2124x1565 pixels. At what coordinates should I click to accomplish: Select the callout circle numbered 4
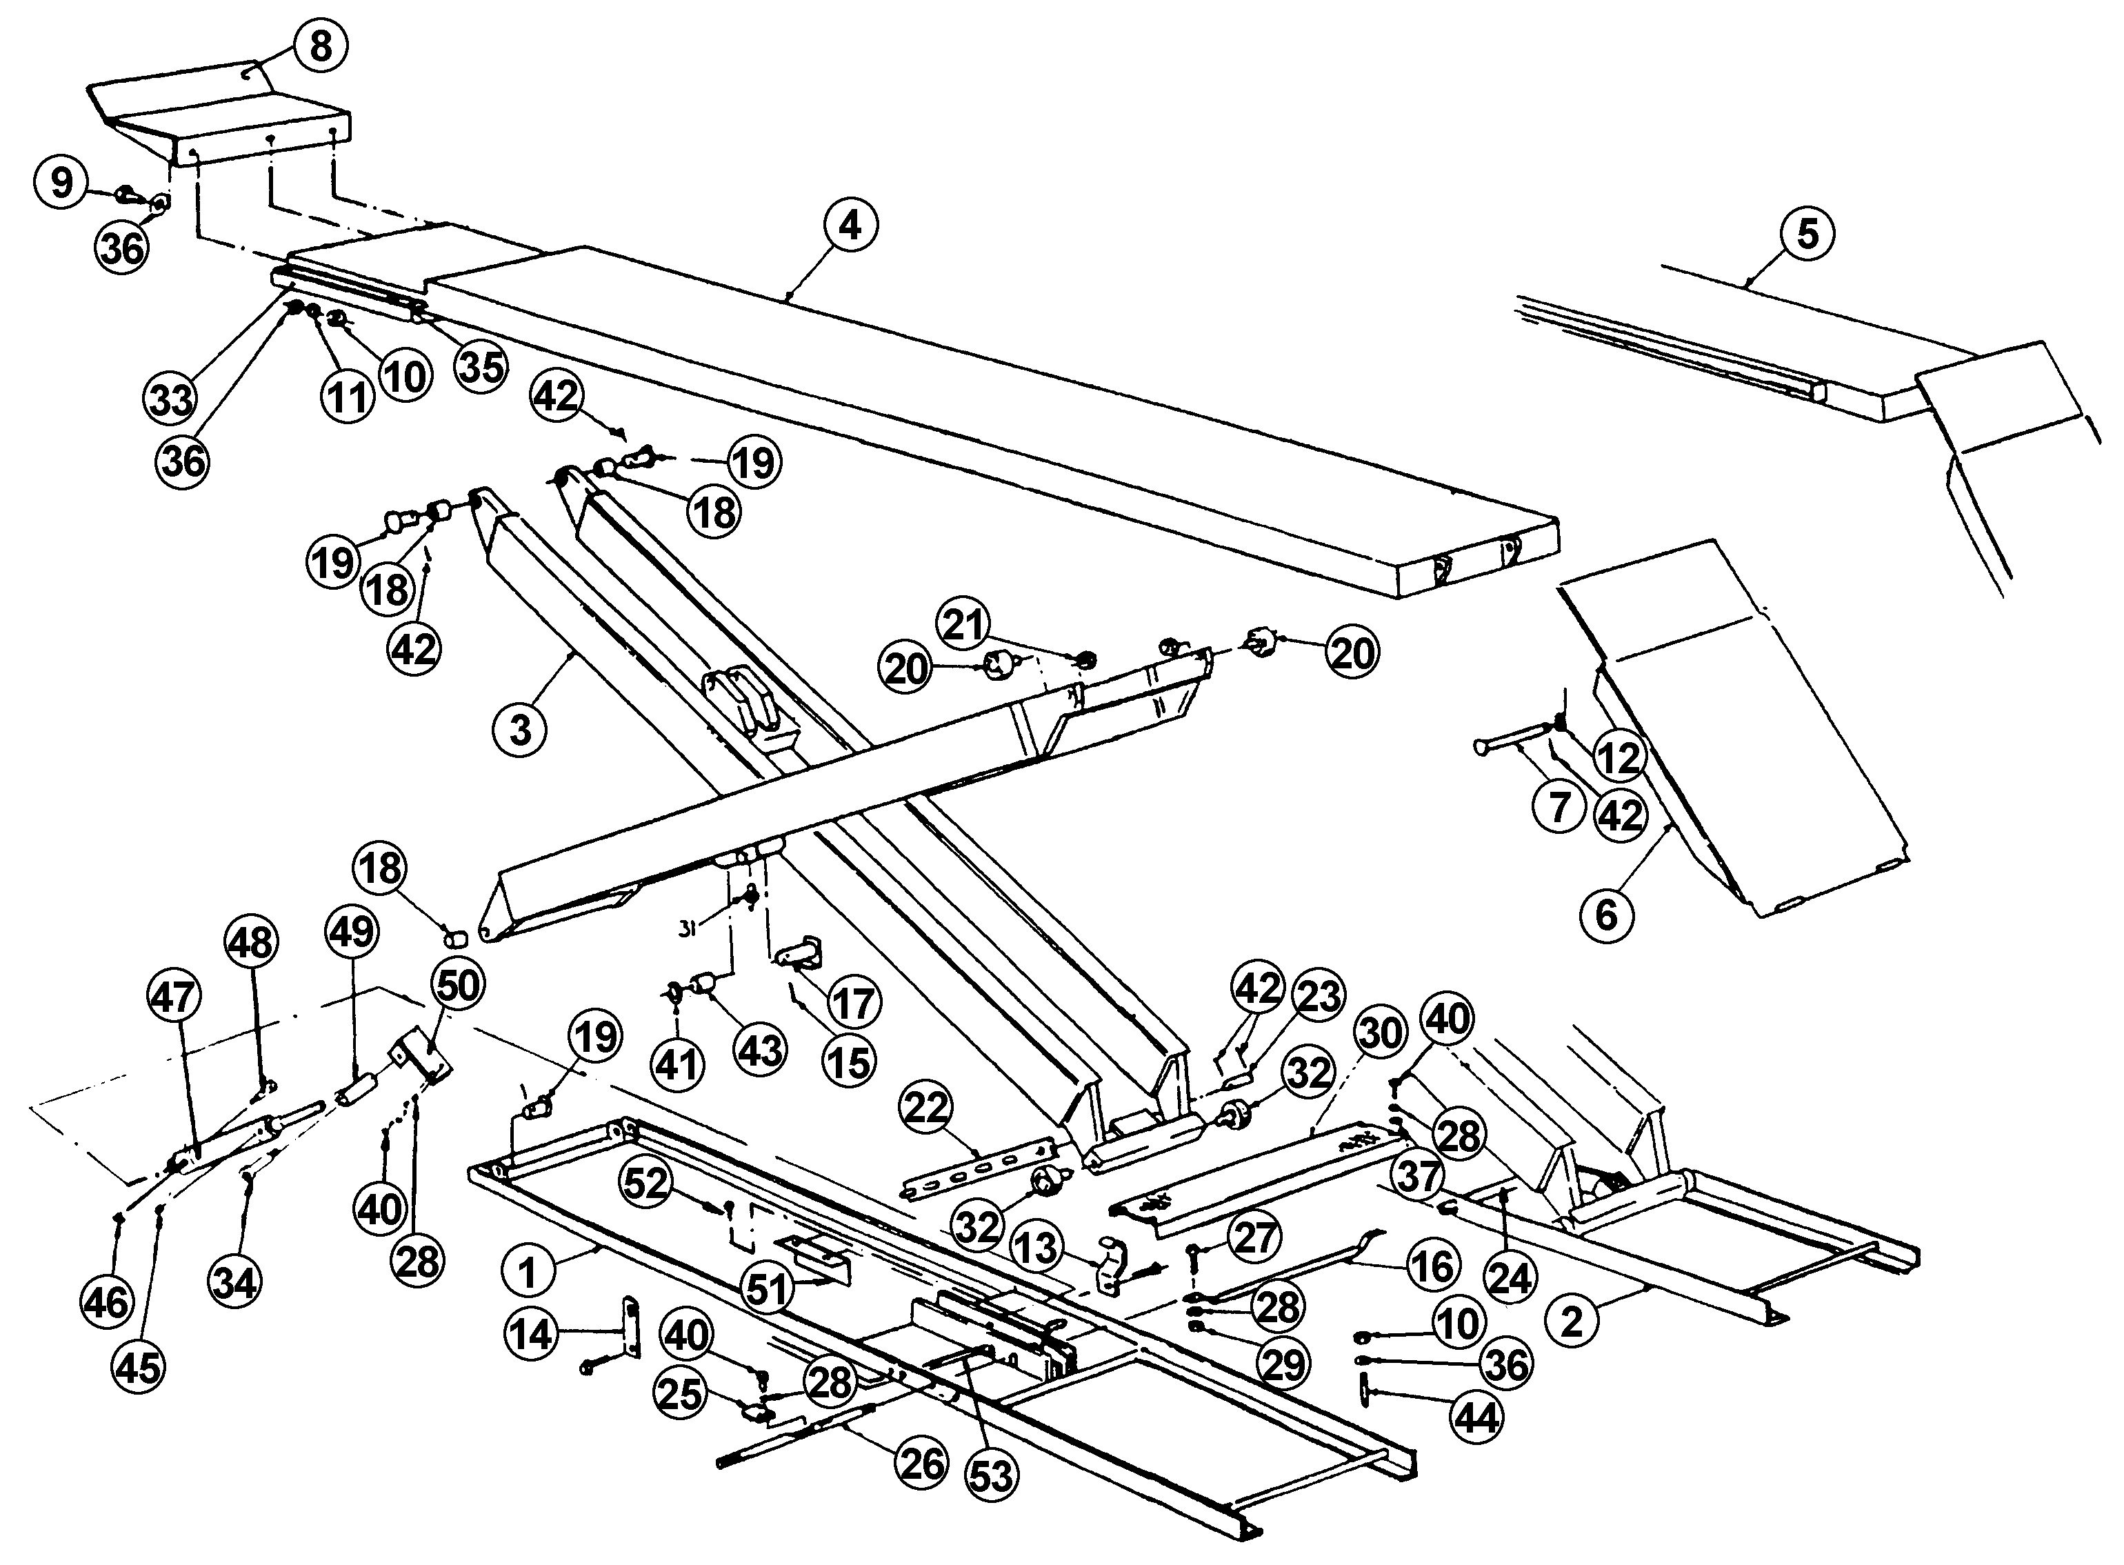click(x=850, y=226)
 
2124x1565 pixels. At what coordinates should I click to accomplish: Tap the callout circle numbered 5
click(x=1807, y=233)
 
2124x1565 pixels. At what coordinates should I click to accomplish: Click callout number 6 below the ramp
click(x=1607, y=914)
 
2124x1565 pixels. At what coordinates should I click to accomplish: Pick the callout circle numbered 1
click(x=528, y=1273)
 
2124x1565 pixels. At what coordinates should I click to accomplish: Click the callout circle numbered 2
click(x=1571, y=1322)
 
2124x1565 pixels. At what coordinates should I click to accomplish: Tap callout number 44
click(x=1477, y=1418)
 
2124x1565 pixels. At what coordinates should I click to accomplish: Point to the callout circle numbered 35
click(x=481, y=366)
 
